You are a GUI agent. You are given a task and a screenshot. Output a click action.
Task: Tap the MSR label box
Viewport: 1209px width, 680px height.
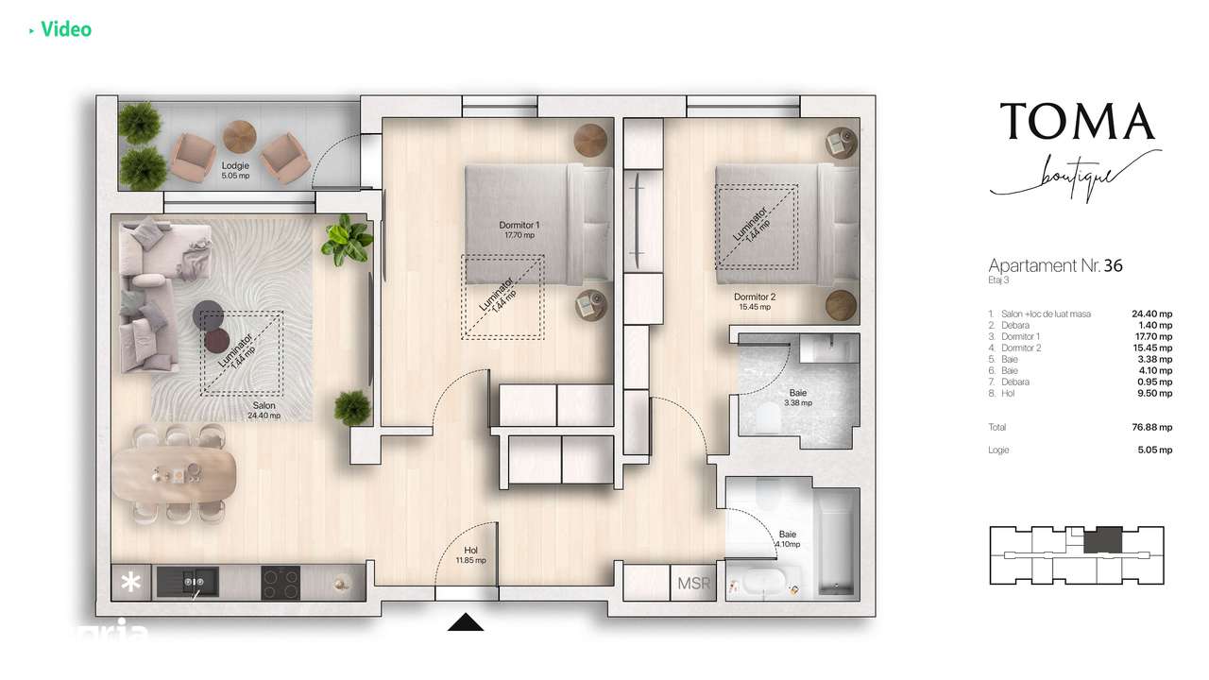[x=692, y=584]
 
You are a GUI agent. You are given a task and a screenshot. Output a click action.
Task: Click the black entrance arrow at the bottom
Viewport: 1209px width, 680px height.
[x=464, y=621]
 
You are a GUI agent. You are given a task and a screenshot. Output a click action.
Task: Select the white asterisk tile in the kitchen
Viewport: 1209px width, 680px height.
[x=130, y=583]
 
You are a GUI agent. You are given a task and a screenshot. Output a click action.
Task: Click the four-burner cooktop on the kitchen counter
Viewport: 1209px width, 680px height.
[x=280, y=583]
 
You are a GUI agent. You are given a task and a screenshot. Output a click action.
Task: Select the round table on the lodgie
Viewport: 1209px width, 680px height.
[x=239, y=136]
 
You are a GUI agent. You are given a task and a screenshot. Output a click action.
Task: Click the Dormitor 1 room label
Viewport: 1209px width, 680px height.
[x=518, y=229]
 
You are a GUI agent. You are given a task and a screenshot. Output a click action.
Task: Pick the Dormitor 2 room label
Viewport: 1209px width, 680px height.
[x=755, y=301]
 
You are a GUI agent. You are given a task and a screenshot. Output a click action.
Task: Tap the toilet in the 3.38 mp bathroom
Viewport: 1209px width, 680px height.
[x=768, y=416]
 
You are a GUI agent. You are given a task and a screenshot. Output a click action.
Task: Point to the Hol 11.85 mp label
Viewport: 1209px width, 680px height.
[x=471, y=554]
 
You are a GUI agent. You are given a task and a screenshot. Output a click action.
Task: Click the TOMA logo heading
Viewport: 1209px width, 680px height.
[x=1077, y=122]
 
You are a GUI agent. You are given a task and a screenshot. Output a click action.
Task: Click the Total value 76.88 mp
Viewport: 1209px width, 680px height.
[x=1151, y=427]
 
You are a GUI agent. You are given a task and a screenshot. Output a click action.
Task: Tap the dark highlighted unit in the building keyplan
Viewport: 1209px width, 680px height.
[x=1101, y=541]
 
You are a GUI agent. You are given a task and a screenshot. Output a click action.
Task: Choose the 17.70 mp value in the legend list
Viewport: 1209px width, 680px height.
[x=1151, y=336]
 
